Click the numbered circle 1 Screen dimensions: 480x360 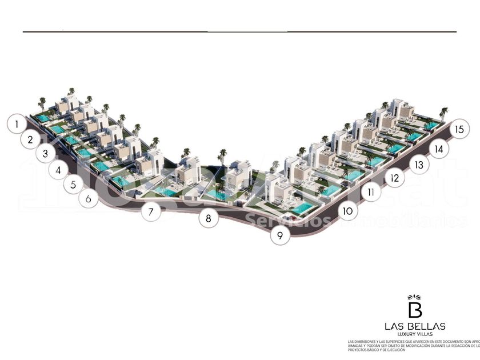point(17,123)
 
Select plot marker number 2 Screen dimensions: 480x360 point(30,138)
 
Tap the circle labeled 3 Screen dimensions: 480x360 point(45,154)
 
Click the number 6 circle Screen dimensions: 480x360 point(88,199)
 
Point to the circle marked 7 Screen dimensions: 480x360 point(151,213)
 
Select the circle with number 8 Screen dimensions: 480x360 point(209,218)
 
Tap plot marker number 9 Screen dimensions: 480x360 point(280,235)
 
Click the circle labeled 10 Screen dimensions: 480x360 point(347,211)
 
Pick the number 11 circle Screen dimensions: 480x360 point(371,193)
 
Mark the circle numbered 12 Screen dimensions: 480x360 point(394,178)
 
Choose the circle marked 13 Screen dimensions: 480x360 point(418,165)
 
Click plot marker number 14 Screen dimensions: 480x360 point(438,149)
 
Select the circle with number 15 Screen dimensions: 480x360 point(459,129)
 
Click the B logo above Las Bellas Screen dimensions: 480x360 point(415,307)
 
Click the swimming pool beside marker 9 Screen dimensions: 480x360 point(302,208)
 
